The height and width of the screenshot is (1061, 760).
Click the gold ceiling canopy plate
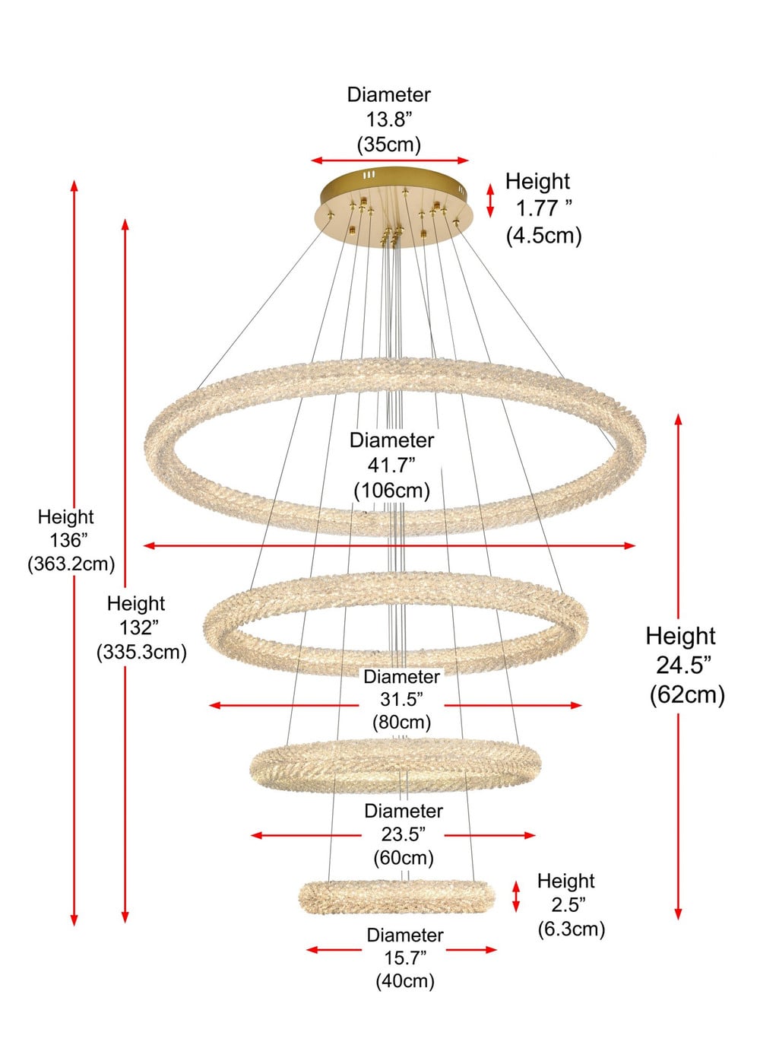[393, 207]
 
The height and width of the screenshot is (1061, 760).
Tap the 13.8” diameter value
[389, 119]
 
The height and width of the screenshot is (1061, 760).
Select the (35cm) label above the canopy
[389, 145]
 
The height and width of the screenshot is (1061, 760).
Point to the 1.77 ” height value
[543, 208]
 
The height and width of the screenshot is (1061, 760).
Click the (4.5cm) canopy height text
[543, 236]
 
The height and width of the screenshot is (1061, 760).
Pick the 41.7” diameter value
[391, 465]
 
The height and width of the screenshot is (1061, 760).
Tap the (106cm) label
[392, 491]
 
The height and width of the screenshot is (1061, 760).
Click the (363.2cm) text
[71, 564]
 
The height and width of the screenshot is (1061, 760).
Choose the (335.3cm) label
[141, 653]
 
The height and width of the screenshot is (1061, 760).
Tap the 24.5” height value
[683, 665]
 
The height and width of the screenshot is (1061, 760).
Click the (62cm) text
[687, 695]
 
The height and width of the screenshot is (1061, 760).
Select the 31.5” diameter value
[402, 699]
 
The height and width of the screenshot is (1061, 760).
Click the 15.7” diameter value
[405, 958]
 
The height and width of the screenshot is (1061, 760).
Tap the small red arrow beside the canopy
[490, 200]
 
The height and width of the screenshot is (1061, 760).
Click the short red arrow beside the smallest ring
[516, 896]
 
